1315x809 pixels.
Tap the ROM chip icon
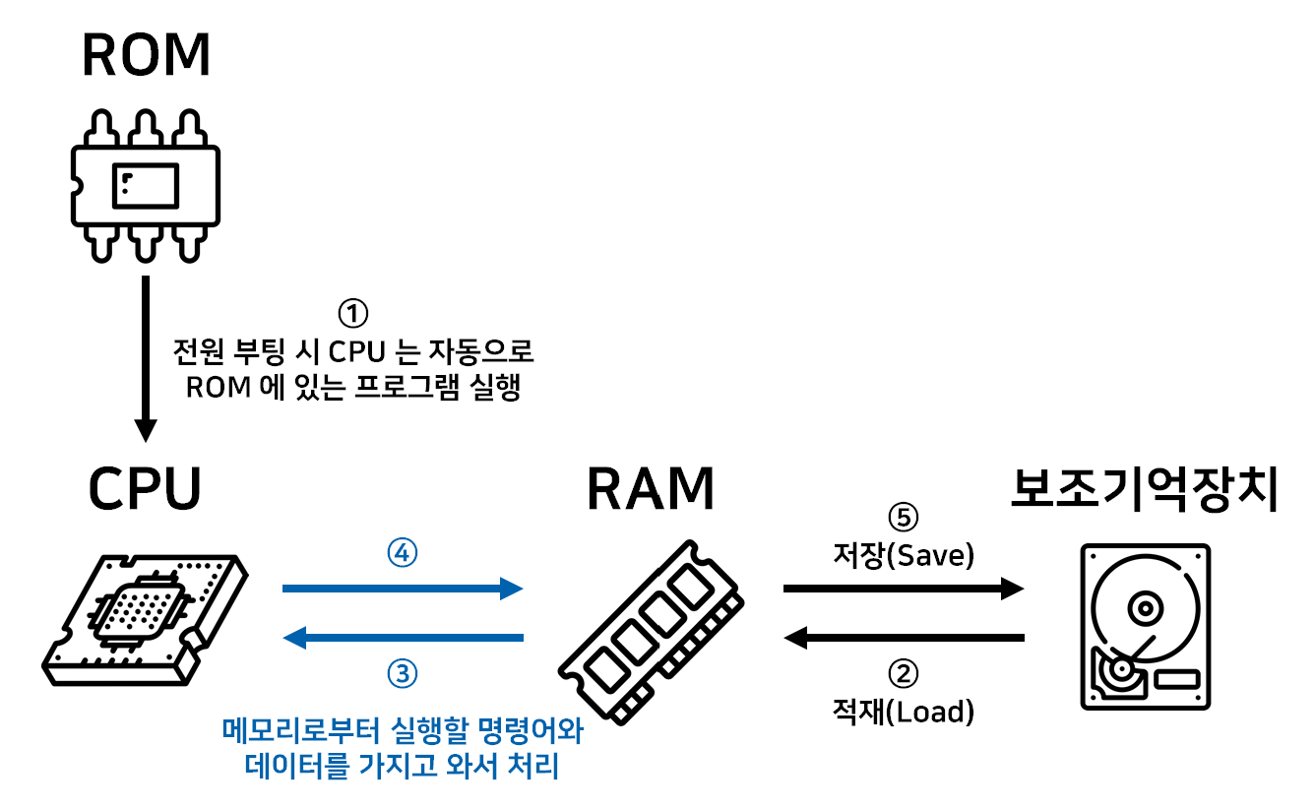point(146,186)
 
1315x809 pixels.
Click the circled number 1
point(352,314)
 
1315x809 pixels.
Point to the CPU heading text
point(146,487)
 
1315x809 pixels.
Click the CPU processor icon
point(146,620)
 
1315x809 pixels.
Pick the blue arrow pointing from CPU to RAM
point(403,589)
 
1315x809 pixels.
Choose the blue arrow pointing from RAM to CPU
point(403,639)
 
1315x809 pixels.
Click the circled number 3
point(403,674)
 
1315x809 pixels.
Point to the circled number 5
point(904,518)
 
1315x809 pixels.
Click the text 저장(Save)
point(904,556)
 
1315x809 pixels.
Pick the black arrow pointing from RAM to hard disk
point(904,589)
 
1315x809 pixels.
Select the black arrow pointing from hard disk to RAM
point(904,639)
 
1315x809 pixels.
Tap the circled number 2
point(904,673)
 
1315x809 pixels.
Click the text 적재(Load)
point(904,711)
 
